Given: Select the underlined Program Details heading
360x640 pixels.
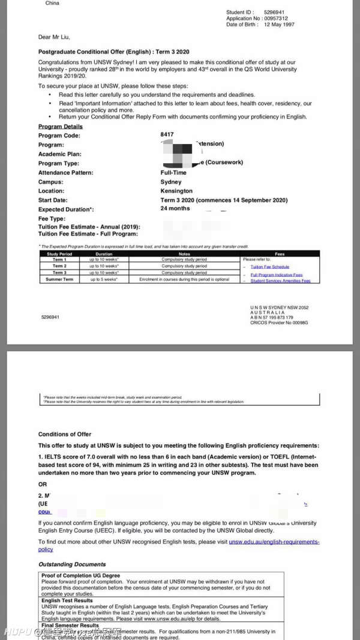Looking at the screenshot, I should click(61, 127).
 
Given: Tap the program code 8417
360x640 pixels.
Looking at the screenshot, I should click(167, 134).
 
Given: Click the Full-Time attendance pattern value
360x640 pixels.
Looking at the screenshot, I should click(174, 172).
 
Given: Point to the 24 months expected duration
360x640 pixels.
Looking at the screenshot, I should click(175, 208).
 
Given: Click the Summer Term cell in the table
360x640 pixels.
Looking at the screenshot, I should click(59, 280).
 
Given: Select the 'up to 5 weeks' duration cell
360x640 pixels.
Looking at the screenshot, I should click(104, 280).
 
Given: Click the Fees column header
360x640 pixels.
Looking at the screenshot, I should click(280, 254).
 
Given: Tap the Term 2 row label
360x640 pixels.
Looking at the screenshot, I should click(59, 266).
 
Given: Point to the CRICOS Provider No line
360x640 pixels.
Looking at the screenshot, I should click(279, 322).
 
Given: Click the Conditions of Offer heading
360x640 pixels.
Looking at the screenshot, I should click(65, 434).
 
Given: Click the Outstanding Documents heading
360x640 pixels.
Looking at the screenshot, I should click(72, 564).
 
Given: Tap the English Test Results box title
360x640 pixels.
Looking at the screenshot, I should click(67, 600).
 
